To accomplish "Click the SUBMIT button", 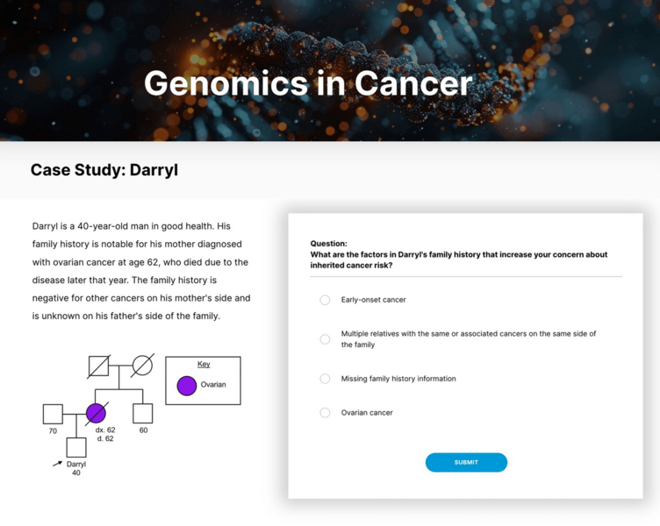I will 466,462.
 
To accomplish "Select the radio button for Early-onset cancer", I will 325,300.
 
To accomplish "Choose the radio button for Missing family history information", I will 325,379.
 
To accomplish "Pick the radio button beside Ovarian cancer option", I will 325,413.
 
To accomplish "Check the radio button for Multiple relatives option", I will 325,339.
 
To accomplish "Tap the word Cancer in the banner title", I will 413,83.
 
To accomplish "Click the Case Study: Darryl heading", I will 104,170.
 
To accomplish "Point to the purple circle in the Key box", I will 187,386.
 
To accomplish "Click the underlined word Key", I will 204,364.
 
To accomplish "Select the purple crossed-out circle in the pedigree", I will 96,413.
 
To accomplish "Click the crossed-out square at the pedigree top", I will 98,365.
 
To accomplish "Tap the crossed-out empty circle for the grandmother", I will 142,365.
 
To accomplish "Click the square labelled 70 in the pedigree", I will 53,413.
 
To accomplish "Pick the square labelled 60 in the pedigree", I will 142,413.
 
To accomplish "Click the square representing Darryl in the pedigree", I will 76,447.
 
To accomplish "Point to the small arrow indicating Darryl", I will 58,463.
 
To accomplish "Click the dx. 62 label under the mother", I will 105,430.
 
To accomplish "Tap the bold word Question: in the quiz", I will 329,244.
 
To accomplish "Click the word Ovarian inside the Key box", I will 213,385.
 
